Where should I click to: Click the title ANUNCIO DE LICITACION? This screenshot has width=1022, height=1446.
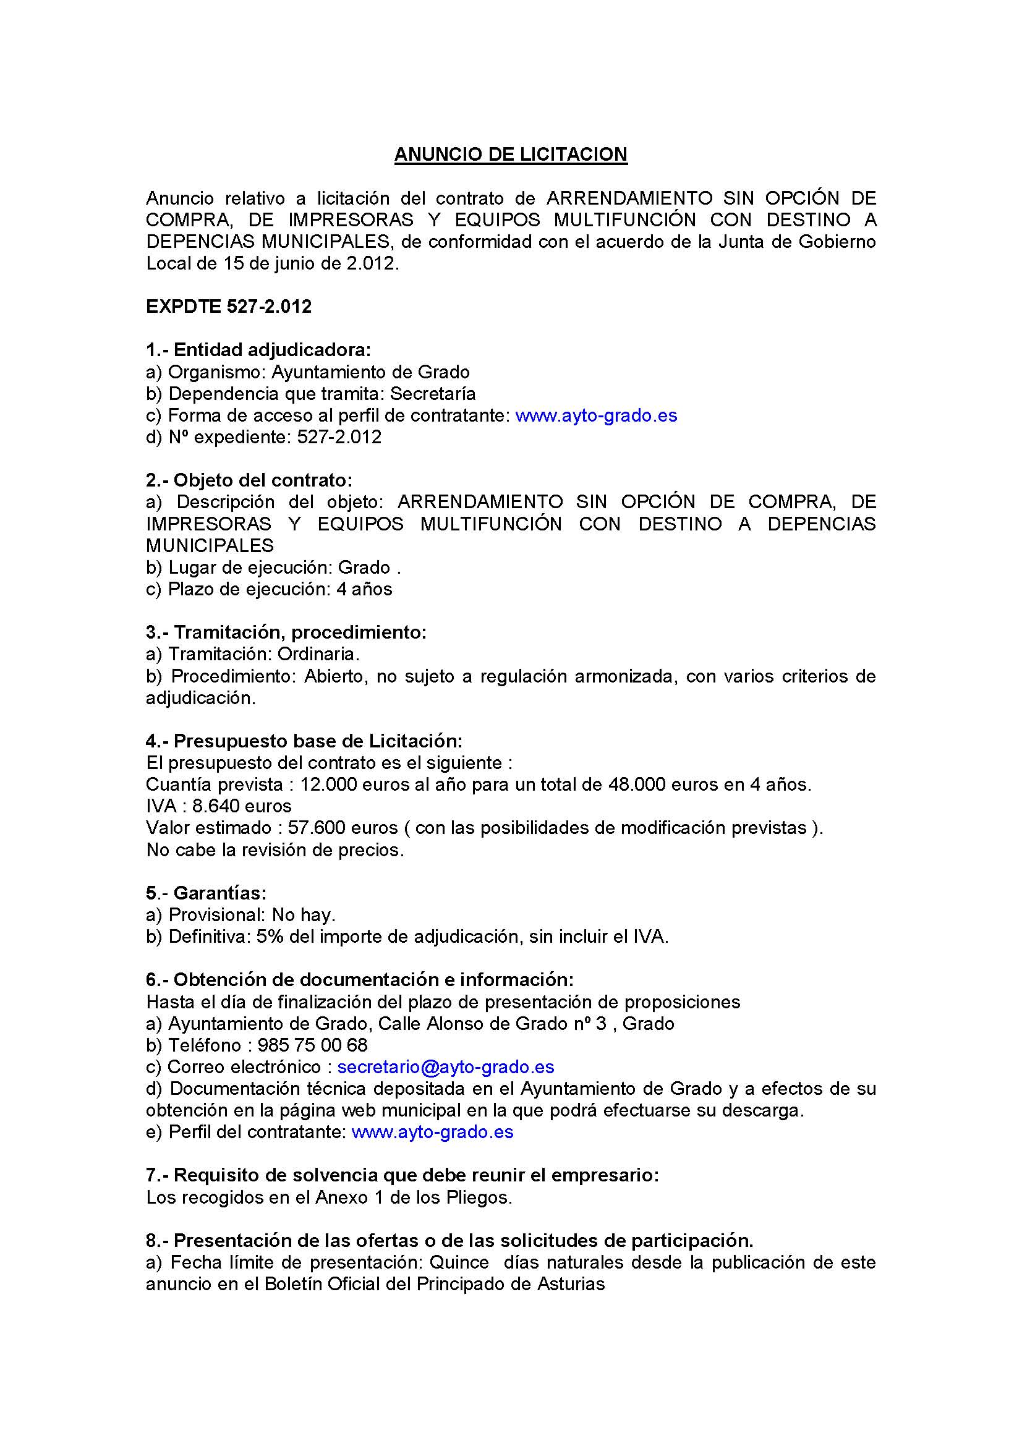[x=511, y=155]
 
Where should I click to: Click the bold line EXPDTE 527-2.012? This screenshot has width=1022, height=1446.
[x=229, y=307]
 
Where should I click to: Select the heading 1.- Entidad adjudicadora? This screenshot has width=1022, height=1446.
[x=258, y=349]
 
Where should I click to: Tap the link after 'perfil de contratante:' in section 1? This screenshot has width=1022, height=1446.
[x=595, y=415]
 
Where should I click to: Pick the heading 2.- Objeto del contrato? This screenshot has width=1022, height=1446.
[x=249, y=480]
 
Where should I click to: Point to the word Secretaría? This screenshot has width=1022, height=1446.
[x=433, y=394]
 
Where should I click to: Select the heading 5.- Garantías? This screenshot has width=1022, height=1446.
[x=207, y=893]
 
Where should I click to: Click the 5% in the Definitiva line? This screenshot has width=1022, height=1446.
[x=267, y=937]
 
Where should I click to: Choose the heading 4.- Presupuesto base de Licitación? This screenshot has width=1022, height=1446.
[x=304, y=741]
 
